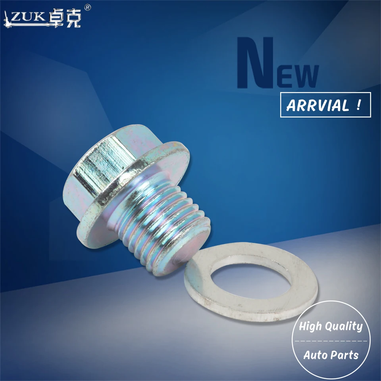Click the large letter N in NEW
click(x=254, y=63)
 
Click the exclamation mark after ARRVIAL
click(x=358, y=105)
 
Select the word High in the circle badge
click(x=311, y=327)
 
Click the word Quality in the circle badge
click(x=344, y=327)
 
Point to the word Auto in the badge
click(x=315, y=355)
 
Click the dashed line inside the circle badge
click(x=330, y=341)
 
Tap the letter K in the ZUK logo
click(x=38, y=18)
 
